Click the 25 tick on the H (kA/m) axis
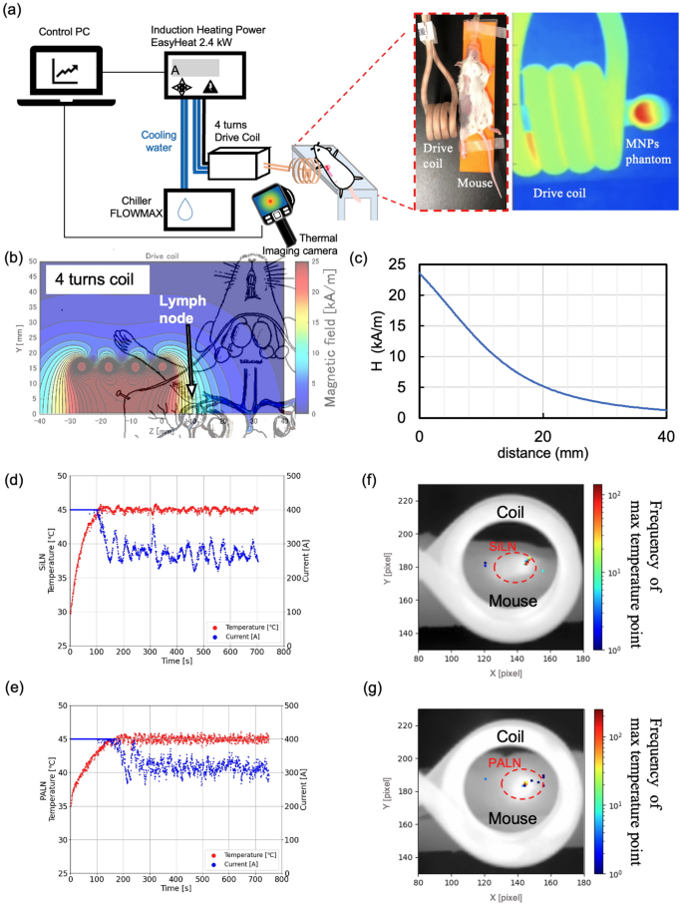[400, 264]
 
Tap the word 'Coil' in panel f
[518, 511]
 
